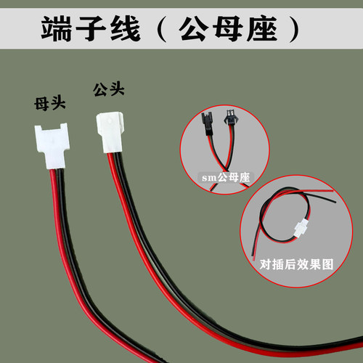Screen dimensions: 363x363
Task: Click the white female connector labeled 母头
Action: point(52,145)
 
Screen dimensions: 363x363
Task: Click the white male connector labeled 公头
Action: point(110,132)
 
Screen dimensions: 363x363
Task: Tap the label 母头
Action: point(50,104)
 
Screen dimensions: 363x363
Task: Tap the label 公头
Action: point(109,89)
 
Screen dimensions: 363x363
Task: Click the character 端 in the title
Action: point(56,28)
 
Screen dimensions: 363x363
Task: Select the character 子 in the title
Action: point(91,28)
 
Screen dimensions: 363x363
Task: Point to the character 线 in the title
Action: point(125,28)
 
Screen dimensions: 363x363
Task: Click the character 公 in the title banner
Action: point(194,28)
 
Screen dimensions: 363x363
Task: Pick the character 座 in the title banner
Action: point(262,28)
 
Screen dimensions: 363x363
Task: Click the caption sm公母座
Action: point(226,178)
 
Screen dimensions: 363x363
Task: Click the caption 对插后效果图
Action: point(297,264)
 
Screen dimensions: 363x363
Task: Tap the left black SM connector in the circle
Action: point(206,123)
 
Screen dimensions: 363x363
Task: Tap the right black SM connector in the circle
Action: point(229,118)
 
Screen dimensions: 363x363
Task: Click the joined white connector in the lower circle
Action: point(301,228)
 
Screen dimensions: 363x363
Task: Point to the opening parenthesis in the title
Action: point(162,29)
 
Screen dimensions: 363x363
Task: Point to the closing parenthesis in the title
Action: point(293,29)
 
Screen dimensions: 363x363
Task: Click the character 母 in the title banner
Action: point(228,28)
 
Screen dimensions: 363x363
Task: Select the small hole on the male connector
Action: point(109,121)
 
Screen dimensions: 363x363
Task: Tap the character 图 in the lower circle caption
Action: point(328,264)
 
